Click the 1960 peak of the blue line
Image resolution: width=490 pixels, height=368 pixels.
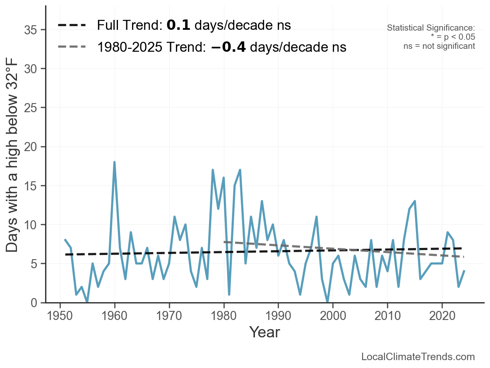[x=114, y=162]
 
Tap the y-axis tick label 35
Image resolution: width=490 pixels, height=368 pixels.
[x=32, y=30]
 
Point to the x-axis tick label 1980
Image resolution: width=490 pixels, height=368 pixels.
[x=223, y=316]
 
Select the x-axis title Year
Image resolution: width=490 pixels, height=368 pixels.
[x=264, y=332]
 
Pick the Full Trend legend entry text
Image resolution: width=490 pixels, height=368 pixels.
[x=194, y=25]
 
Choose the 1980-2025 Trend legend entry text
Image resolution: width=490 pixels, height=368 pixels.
[x=221, y=47]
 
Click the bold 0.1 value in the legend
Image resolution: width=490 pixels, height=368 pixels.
[x=178, y=25]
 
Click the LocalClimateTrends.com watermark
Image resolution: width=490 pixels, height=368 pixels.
[x=418, y=357]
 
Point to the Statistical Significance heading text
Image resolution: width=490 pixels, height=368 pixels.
[x=431, y=28]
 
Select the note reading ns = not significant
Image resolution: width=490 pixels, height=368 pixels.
[x=439, y=46]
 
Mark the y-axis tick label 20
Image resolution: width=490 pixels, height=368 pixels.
[x=32, y=147]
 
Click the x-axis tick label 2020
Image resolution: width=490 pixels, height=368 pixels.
[x=442, y=316]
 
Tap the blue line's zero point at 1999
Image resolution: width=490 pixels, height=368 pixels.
[x=328, y=302]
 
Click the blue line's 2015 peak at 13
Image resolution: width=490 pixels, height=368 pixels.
[x=415, y=201]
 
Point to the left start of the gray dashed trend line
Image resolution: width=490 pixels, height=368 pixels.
[x=224, y=242]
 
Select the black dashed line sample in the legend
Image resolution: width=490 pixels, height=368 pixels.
[x=72, y=25]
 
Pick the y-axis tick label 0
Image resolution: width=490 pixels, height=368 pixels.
[x=36, y=303]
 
